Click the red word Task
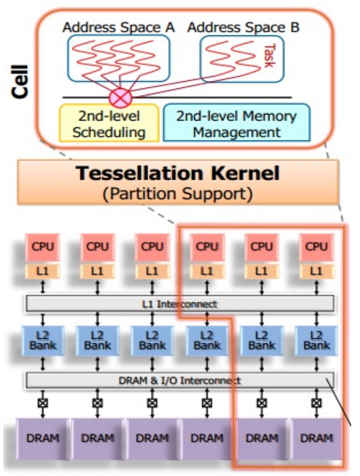coord(270,56)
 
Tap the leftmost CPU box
coord(43,247)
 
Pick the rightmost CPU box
coord(316,247)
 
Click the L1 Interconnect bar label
coord(180,303)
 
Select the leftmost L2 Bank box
coord(43,341)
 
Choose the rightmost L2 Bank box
coord(316,341)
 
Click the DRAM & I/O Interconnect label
coord(180,380)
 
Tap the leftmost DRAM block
coord(43,438)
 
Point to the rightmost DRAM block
coord(316,438)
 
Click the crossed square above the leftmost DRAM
coord(43,403)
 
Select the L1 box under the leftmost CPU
coord(43,271)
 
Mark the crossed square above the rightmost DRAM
coord(316,403)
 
